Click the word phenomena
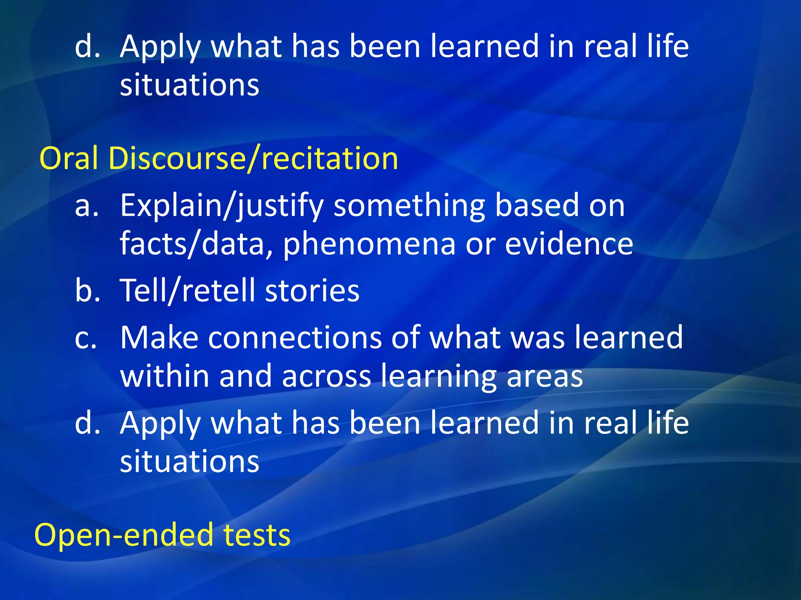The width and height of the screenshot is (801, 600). coord(369,244)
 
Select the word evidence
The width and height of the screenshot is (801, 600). coord(569,244)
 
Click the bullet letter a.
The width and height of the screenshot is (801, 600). coord(86,206)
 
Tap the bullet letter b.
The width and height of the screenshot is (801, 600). coord(87,291)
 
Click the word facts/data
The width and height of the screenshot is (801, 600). coord(196,244)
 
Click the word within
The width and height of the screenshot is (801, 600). coord(165,376)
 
